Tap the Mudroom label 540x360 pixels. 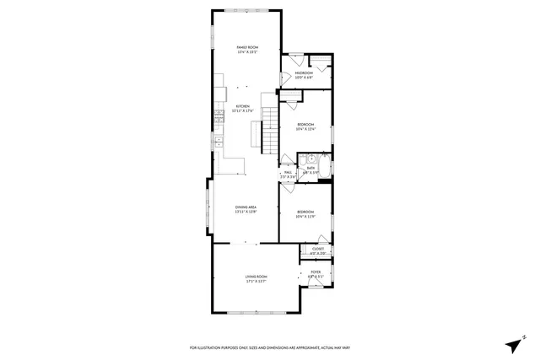304,74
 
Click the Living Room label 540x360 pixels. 256,277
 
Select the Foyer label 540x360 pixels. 315,273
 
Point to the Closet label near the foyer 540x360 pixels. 318,250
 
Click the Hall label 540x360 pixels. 288,174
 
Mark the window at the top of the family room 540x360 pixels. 246,11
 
